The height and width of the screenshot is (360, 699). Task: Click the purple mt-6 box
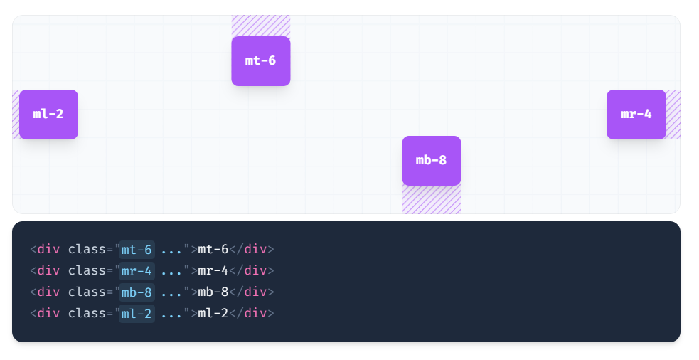click(x=260, y=61)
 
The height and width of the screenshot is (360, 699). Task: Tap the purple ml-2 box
click(x=48, y=115)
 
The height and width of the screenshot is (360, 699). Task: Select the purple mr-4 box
click(x=636, y=115)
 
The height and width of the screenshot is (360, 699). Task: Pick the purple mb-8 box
click(x=431, y=161)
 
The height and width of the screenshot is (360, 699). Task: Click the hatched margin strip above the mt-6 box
click(x=260, y=26)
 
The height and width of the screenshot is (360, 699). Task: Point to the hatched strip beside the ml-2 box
click(x=16, y=115)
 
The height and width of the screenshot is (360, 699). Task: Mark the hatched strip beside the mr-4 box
click(x=673, y=115)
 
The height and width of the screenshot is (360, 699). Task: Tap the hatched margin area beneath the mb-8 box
click(x=431, y=200)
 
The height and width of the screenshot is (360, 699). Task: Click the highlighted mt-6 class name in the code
click(x=137, y=250)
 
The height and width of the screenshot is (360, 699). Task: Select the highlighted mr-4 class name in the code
click(x=137, y=271)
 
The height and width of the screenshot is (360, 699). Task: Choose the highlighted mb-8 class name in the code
click(x=137, y=292)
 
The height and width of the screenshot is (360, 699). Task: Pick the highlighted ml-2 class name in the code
click(x=137, y=314)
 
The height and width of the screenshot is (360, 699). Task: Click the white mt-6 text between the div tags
click(x=213, y=250)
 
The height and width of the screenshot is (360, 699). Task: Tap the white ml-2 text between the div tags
click(x=213, y=314)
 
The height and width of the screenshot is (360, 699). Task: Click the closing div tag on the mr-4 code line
click(x=255, y=271)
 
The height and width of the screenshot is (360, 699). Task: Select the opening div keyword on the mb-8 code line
click(x=48, y=292)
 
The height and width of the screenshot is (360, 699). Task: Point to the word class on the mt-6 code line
click(x=87, y=250)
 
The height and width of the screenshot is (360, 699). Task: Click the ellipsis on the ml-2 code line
click(x=171, y=314)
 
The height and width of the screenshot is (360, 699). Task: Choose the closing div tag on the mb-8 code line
click(x=255, y=292)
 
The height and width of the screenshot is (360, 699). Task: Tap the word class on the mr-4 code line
click(x=87, y=271)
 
